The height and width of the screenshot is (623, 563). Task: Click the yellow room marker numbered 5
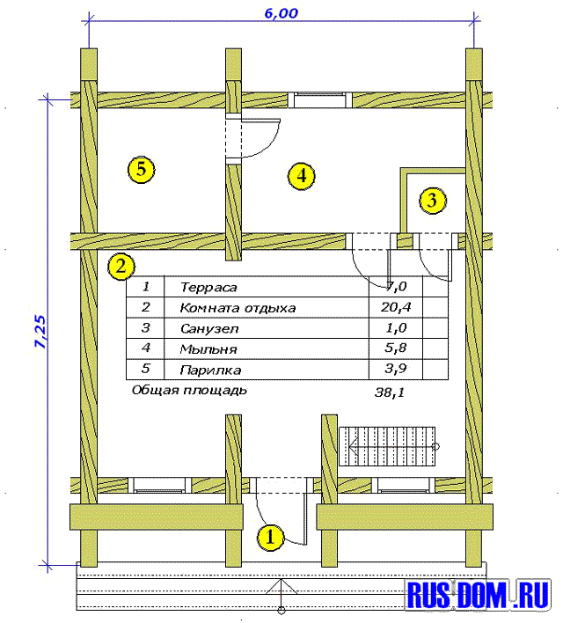[x=141, y=170]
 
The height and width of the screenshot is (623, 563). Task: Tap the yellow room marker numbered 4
[x=302, y=175]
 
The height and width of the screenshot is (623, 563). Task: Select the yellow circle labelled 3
[x=433, y=201]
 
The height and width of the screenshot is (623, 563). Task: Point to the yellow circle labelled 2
[x=121, y=267]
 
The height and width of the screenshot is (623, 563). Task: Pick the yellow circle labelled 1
[x=270, y=538]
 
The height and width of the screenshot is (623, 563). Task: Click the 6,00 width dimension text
[x=281, y=13]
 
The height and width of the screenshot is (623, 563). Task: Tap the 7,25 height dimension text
[x=41, y=332]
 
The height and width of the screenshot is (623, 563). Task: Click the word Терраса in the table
[x=208, y=287]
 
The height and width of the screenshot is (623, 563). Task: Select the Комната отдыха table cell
[x=238, y=308]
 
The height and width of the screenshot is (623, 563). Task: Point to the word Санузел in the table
[x=209, y=328]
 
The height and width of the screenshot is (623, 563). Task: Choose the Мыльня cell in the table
[x=208, y=349]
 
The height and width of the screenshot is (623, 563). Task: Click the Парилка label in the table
[x=210, y=370]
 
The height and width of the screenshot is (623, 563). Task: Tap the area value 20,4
[x=396, y=307]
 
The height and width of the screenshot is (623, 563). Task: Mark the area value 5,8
[x=396, y=348]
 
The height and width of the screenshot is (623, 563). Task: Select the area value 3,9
[x=396, y=369]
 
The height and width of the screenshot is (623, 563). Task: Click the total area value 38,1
[x=390, y=392]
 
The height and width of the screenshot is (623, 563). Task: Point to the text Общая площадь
[x=189, y=390]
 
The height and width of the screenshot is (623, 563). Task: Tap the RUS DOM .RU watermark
[x=479, y=595]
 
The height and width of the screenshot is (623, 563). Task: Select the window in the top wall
[x=320, y=99]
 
